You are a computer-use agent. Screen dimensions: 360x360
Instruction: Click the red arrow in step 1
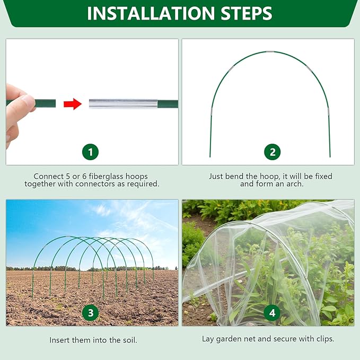73,104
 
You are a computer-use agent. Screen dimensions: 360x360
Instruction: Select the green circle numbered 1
90,153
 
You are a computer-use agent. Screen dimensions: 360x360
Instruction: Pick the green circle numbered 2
272,153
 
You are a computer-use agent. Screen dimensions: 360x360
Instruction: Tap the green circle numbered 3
90,313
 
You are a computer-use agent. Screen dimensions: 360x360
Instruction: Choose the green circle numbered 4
272,313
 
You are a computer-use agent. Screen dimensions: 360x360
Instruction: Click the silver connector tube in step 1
123,104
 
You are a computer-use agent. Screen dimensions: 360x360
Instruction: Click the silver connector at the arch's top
270,52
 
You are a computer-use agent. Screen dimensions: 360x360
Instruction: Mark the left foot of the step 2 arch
210,155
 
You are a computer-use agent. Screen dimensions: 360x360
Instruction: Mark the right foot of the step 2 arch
330,155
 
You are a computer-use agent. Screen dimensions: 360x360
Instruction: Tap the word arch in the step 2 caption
294,184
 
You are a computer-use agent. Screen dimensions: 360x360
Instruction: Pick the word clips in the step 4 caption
324,339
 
